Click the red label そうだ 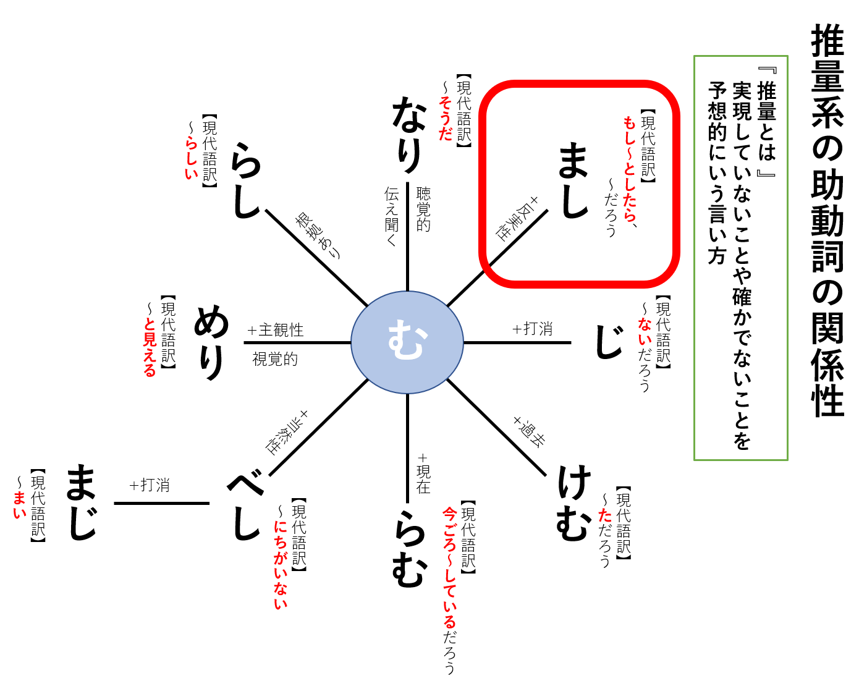446,119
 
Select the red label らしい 192,158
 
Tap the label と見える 150,347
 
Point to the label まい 20,505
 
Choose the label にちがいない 281,565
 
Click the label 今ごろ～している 450,567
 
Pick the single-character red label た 605,515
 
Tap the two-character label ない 645,332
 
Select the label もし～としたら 629,169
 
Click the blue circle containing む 407,342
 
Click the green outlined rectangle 740,258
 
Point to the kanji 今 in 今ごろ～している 450,514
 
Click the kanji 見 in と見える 150,339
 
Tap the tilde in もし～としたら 629,152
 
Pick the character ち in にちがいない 281,542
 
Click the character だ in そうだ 446,133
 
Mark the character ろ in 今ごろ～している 450,545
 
